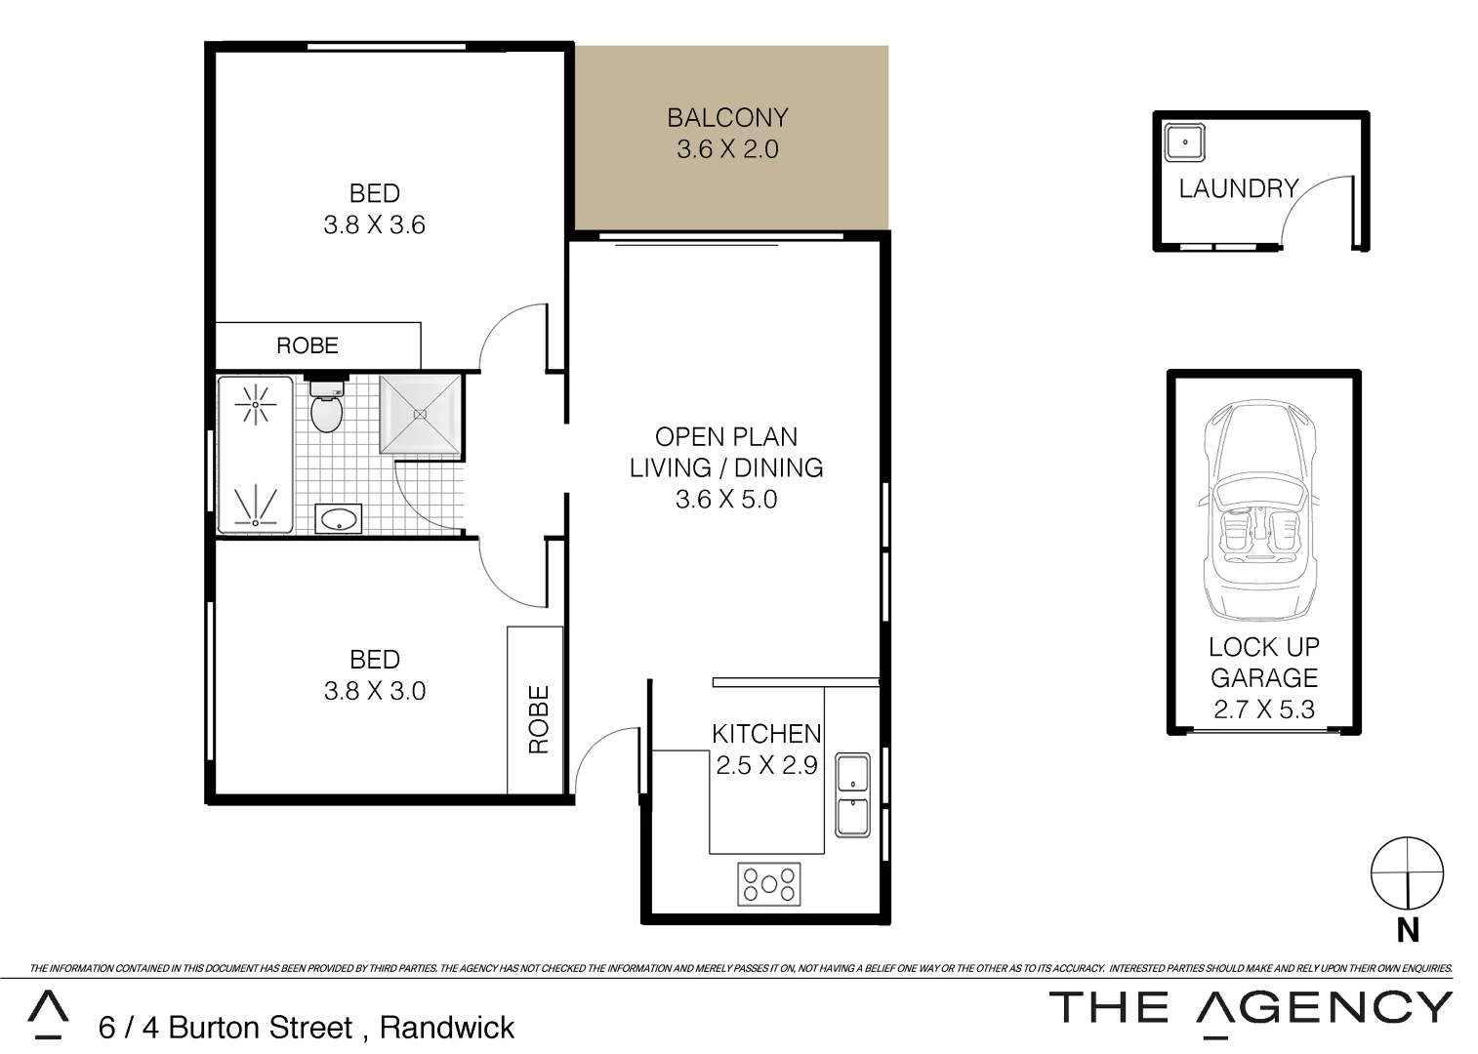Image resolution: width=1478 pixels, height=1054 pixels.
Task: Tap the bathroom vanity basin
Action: pyautogui.click(x=339, y=519)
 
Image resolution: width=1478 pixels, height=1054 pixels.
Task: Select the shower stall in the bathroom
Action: pyautogui.click(x=421, y=415)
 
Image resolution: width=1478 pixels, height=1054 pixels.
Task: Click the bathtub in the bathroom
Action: pyautogui.click(x=255, y=455)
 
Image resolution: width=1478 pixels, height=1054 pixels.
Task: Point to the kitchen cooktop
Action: pyautogui.click(x=769, y=884)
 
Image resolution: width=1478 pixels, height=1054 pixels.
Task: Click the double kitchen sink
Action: pyautogui.click(x=853, y=794)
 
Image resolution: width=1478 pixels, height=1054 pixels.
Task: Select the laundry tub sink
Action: pyautogui.click(x=1185, y=142)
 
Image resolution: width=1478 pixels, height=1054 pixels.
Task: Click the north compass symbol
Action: pyautogui.click(x=1407, y=872)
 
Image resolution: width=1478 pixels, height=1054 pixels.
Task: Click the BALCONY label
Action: pyautogui.click(x=727, y=118)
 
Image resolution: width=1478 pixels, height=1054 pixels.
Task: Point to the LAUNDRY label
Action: pyautogui.click(x=1238, y=188)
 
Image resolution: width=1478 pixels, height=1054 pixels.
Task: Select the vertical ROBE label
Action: pyautogui.click(x=538, y=719)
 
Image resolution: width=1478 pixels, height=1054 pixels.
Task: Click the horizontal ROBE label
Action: pyautogui.click(x=308, y=345)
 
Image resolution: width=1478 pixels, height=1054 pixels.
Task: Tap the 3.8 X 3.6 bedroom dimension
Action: pyautogui.click(x=375, y=225)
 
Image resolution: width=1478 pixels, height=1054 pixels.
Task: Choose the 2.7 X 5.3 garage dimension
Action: pyautogui.click(x=1264, y=709)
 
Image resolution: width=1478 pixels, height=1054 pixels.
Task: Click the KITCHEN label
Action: pyautogui.click(x=766, y=733)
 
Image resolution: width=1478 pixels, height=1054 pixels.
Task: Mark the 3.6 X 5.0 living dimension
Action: pyautogui.click(x=726, y=500)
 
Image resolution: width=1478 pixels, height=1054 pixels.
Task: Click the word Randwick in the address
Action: pyautogui.click(x=447, y=1028)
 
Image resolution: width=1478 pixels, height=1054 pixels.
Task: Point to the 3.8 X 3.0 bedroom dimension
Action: pyautogui.click(x=375, y=691)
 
